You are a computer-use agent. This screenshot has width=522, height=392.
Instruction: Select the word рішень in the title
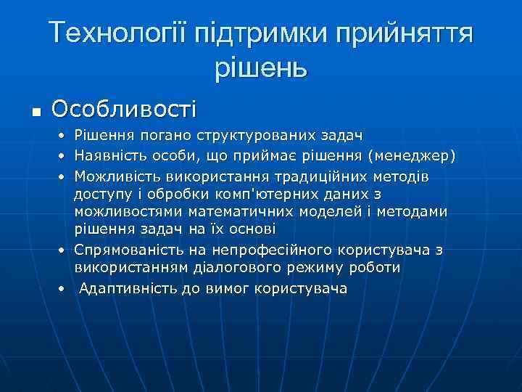261,68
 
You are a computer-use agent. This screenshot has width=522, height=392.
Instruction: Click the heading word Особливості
124,109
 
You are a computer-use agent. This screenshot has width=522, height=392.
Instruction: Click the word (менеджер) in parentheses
422,155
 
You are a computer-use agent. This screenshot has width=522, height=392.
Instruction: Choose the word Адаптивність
123,288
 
